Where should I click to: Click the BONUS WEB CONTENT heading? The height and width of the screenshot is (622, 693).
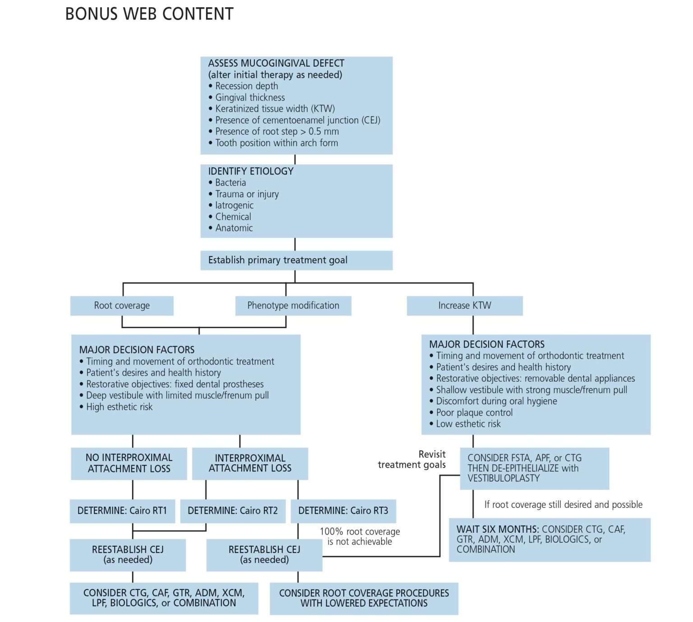tap(149, 14)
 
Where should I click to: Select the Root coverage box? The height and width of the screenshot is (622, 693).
tap(122, 306)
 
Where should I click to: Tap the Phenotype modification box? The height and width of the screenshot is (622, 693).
tap(293, 306)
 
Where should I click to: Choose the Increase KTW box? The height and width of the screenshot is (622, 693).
tap(465, 306)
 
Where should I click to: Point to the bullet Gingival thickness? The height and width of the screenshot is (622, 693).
tap(250, 97)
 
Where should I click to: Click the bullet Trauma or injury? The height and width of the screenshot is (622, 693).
tap(247, 194)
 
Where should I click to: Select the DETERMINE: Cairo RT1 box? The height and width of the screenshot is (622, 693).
tap(122, 511)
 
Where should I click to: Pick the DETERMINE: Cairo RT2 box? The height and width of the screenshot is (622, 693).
tap(233, 511)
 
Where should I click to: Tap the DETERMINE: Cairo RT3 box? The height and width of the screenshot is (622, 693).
tap(343, 511)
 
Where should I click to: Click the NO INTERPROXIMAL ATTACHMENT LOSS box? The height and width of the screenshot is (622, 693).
tap(129, 463)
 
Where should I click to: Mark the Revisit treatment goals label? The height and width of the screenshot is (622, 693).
tap(412, 460)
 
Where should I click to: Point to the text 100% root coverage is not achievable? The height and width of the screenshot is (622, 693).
tap(360, 536)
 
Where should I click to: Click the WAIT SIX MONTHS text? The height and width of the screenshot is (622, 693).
tap(498, 529)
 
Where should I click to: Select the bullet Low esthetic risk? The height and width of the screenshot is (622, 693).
tap(468, 424)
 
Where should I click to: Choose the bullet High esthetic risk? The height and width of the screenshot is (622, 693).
tap(119, 407)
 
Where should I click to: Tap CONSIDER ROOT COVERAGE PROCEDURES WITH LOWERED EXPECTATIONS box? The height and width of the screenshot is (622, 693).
tap(364, 598)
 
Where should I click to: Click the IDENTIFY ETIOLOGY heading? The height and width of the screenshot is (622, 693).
tap(251, 171)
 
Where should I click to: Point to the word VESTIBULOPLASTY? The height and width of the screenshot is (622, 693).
tap(504, 478)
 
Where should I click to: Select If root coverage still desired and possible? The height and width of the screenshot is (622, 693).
tap(563, 504)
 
